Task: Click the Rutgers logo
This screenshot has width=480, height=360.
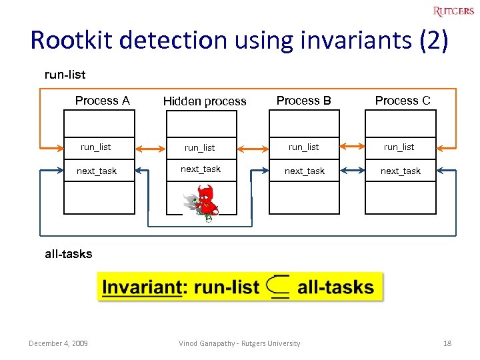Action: tap(453, 11)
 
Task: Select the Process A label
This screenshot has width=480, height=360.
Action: tap(102, 101)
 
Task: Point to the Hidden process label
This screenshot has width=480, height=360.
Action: tap(205, 101)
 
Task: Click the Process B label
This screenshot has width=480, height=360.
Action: tap(303, 101)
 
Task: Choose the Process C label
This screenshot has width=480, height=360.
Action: tap(403, 101)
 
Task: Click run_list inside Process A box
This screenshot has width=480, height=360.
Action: tap(96, 147)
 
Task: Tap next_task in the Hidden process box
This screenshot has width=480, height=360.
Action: tap(201, 169)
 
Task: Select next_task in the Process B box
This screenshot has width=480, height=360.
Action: tap(305, 171)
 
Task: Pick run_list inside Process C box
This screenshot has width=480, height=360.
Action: tap(399, 147)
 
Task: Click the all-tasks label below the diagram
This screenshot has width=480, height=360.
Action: tap(69, 254)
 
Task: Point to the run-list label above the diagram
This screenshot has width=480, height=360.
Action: tap(65, 75)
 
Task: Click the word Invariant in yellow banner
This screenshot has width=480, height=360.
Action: tap(142, 288)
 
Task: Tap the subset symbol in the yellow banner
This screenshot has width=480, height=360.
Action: tap(277, 287)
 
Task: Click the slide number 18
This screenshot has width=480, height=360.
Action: tap(447, 343)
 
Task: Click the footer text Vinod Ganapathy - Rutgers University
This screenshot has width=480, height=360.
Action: tap(239, 343)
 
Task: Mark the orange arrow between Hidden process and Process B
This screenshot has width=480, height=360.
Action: tap(252, 147)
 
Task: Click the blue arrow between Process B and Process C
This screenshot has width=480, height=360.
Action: tap(353, 171)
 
